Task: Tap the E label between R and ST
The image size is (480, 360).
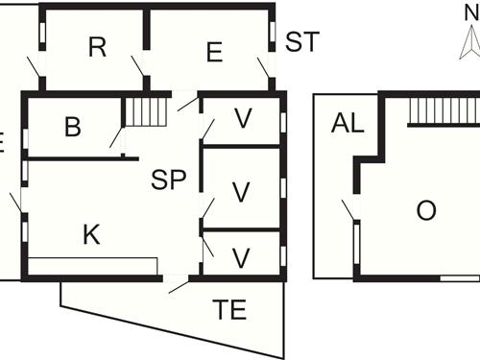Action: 214,52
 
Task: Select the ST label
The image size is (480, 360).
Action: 301,42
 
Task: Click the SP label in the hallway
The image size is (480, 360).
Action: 168,180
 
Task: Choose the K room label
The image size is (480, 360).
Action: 91,233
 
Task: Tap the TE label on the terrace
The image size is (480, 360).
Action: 229,309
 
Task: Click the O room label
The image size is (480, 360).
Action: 426,211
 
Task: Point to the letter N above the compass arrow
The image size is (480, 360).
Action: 468,12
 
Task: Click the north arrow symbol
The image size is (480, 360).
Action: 468,42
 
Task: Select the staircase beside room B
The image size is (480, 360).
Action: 147,112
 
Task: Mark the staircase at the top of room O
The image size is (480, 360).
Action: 443,110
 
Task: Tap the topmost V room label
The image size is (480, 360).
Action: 243,118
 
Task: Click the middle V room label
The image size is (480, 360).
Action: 242,191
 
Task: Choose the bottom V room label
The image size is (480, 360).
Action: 242,257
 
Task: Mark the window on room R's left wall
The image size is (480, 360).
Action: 42,35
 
